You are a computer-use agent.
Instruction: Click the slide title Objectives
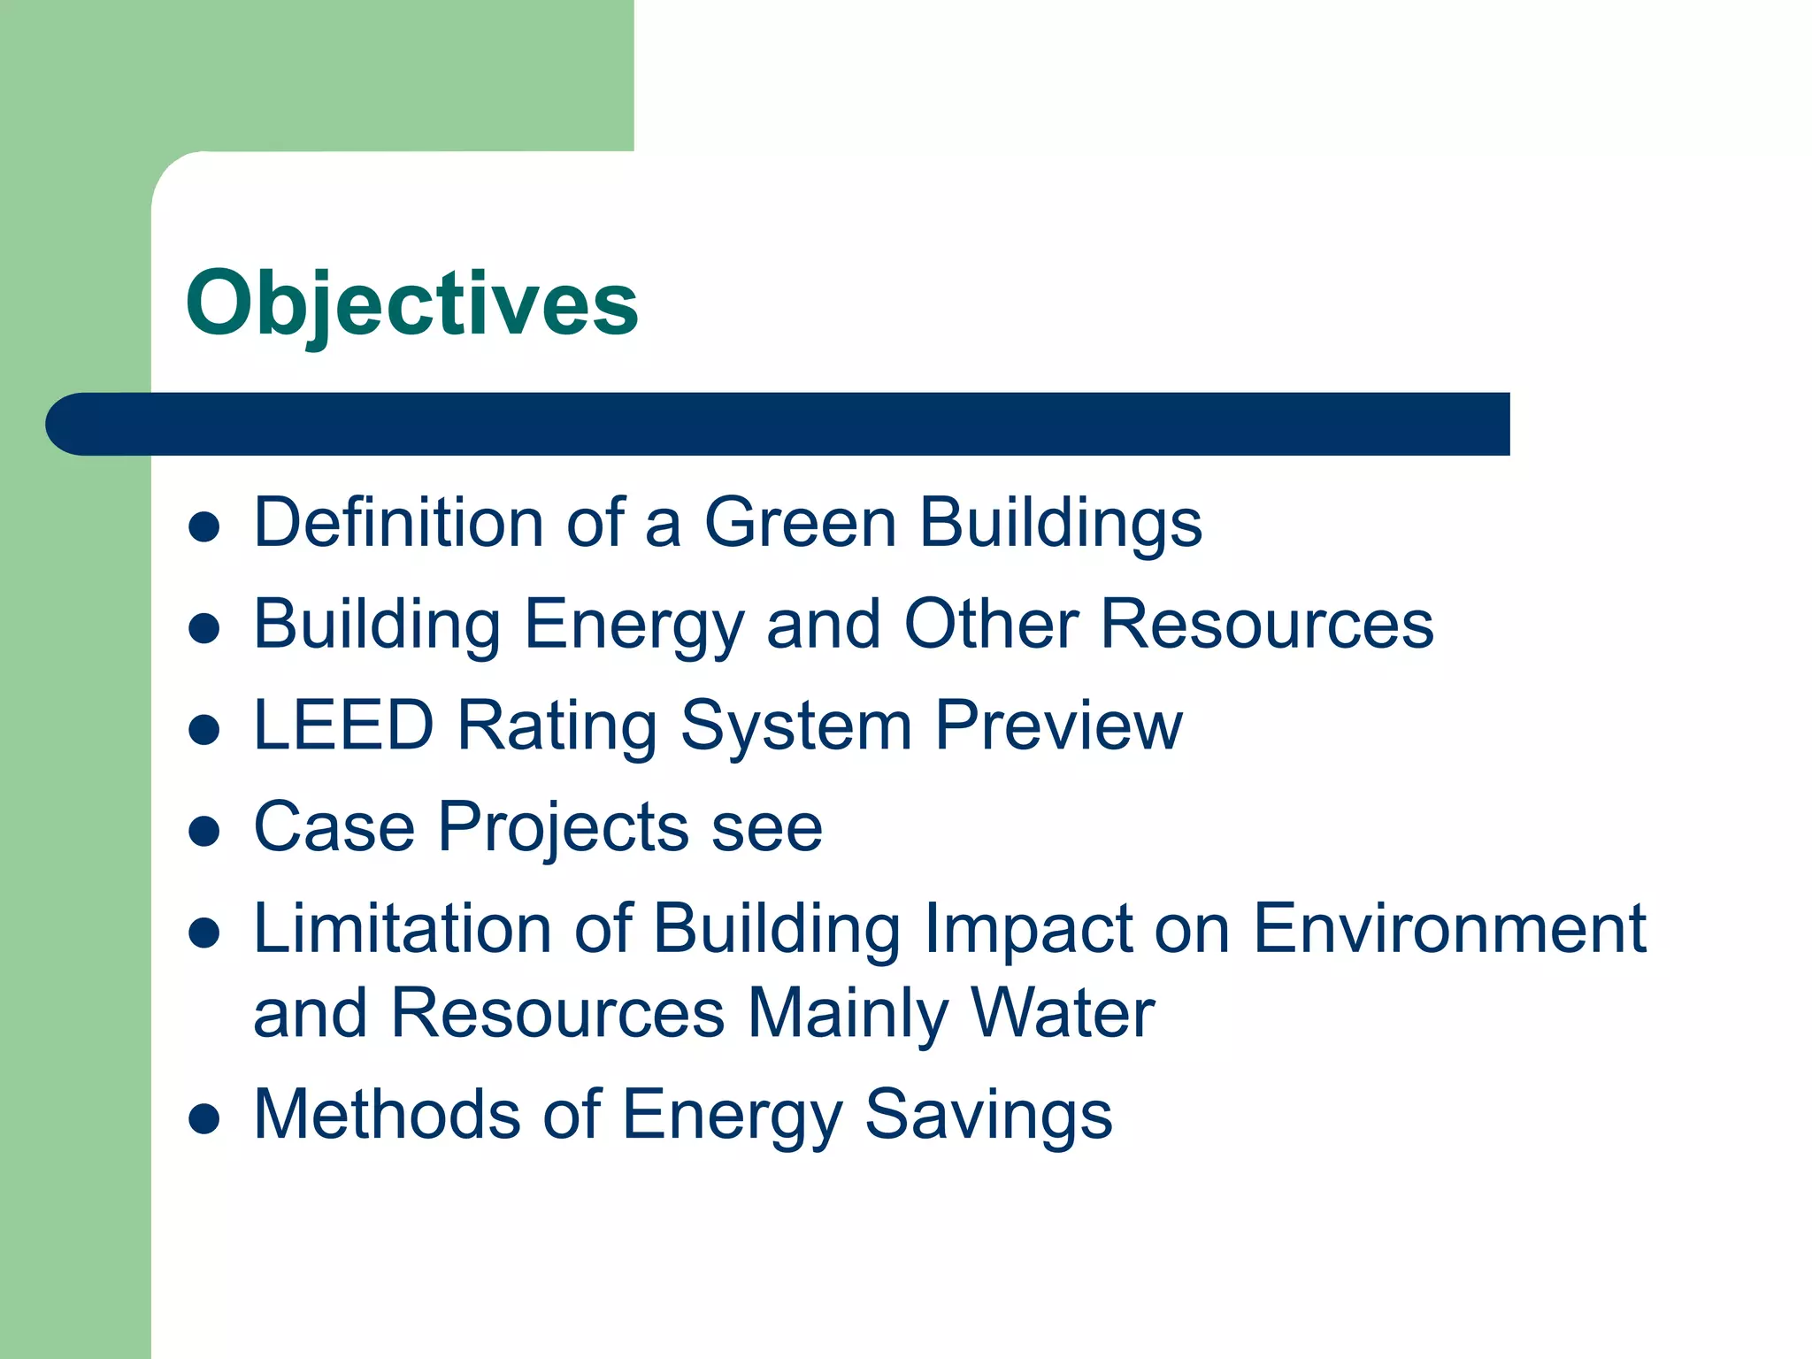(x=411, y=303)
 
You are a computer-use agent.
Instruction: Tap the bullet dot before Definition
(x=204, y=527)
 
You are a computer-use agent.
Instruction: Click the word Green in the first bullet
(x=800, y=522)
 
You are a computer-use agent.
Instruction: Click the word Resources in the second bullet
(x=1266, y=624)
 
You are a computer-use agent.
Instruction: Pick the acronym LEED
(x=343, y=726)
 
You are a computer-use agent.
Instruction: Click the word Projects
(x=563, y=828)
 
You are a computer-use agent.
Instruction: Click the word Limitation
(x=403, y=928)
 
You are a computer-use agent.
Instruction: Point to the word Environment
(x=1449, y=928)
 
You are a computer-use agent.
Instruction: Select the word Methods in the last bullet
(x=387, y=1114)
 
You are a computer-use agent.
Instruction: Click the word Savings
(x=987, y=1116)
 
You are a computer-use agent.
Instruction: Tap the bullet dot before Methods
(x=204, y=1118)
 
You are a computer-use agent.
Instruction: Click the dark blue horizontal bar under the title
(x=779, y=424)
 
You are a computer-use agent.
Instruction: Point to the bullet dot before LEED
(x=204, y=730)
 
